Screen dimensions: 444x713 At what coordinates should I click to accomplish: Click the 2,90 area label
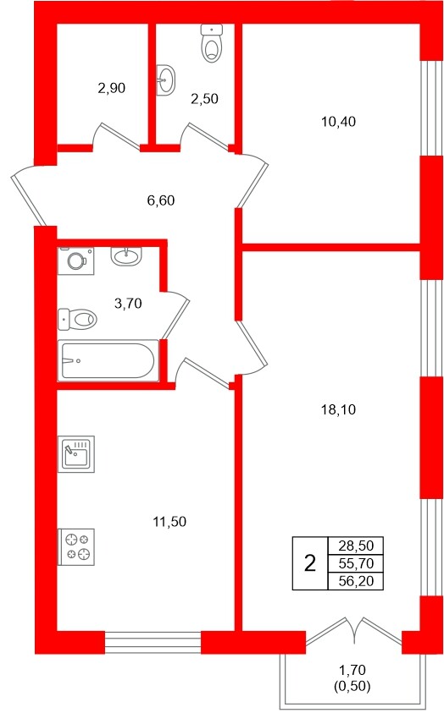click(x=112, y=88)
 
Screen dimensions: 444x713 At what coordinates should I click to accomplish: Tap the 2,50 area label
click(x=204, y=99)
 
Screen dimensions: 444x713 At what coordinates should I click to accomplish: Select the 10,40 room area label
click(x=338, y=122)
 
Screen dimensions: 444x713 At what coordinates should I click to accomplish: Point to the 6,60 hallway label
click(x=161, y=200)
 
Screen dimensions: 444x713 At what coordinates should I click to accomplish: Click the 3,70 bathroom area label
click(x=128, y=304)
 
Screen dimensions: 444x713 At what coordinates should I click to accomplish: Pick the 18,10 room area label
click(x=338, y=410)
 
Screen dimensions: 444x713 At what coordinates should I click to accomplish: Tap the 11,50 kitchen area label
click(x=169, y=522)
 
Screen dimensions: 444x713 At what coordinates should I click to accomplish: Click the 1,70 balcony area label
click(x=352, y=670)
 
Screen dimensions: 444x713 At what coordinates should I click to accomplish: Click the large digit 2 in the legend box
click(x=310, y=564)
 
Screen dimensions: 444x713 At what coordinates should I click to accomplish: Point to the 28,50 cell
click(x=356, y=546)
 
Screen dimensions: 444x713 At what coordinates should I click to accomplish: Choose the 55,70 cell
click(x=356, y=564)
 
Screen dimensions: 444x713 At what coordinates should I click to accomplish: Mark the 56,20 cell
click(x=356, y=581)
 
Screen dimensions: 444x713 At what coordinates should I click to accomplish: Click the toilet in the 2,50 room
click(x=212, y=43)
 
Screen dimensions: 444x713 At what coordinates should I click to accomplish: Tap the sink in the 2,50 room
click(x=166, y=80)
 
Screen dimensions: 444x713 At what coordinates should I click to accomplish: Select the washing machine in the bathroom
click(x=75, y=261)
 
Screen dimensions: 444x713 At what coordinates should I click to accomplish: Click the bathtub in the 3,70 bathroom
click(x=108, y=360)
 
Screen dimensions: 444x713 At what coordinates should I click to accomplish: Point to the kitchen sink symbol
click(x=76, y=454)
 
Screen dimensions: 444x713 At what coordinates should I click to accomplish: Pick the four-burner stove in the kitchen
click(x=76, y=547)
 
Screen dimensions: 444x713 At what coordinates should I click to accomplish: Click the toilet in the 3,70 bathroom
click(x=77, y=319)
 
